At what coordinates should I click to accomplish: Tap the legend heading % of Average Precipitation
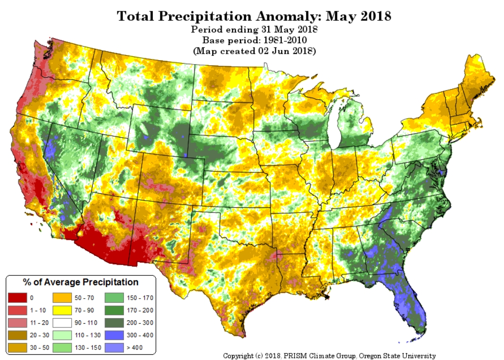coord(81,282)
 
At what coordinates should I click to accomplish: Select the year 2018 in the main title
coord(374,16)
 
